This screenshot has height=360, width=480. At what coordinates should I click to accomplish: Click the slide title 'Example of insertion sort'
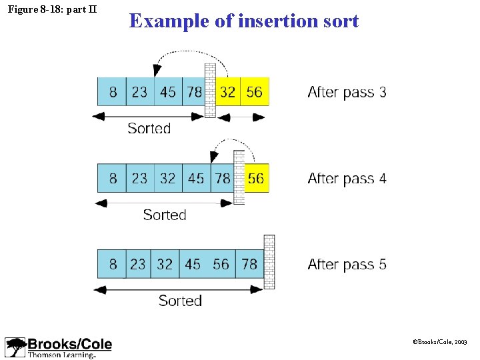click(x=244, y=21)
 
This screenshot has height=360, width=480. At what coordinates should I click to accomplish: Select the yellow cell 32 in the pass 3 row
click(x=228, y=91)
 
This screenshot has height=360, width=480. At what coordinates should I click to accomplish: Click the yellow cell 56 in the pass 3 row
click(x=255, y=91)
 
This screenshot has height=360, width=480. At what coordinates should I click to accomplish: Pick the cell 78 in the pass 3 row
click(x=194, y=91)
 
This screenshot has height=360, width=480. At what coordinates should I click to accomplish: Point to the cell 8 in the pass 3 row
click(x=113, y=91)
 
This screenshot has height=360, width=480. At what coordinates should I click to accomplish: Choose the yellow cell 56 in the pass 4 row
click(x=256, y=178)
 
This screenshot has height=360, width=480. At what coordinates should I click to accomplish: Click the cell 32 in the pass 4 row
click(x=168, y=178)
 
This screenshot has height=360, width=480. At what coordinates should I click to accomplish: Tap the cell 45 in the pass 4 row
click(x=196, y=178)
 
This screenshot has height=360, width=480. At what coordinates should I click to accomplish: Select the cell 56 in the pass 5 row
click(x=221, y=264)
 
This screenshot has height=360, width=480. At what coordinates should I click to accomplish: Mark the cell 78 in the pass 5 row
click(x=249, y=264)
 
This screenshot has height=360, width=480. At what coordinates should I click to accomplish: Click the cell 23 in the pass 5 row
click(x=138, y=264)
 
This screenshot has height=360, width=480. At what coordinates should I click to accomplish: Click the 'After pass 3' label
click(x=347, y=92)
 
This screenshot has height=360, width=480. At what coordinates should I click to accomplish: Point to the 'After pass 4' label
click(x=347, y=179)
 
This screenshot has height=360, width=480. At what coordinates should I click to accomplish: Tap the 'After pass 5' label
click(x=347, y=265)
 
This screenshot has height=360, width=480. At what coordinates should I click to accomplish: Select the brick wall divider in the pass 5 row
click(x=269, y=261)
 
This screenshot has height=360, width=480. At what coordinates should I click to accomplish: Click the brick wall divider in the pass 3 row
click(x=210, y=91)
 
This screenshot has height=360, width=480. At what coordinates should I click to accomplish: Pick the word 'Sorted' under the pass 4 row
click(x=165, y=215)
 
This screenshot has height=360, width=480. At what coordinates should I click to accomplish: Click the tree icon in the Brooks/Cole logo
click(x=15, y=347)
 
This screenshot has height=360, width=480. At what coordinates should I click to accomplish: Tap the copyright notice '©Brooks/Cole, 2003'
click(x=440, y=341)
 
